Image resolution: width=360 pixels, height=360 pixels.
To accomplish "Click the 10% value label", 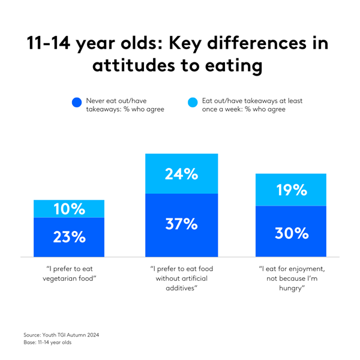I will coord(69,209).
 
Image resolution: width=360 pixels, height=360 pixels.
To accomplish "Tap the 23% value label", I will coord(69,236).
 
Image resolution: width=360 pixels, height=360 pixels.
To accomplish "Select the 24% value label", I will coord(181,174).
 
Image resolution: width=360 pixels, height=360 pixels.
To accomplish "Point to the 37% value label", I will coord(181,224).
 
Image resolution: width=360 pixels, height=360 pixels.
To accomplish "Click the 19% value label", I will coord(292,190).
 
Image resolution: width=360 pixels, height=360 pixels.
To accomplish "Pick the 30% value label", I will coord(292,233).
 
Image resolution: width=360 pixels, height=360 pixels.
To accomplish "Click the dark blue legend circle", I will coord(76,103).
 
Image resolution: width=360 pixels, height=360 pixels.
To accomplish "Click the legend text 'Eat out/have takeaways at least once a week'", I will coord(243,106).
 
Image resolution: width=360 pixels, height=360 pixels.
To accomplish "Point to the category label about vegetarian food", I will coord(69,274).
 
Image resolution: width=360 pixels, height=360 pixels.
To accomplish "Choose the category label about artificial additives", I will coord(181,278).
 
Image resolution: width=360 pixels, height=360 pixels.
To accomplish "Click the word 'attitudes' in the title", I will coord(139,66).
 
